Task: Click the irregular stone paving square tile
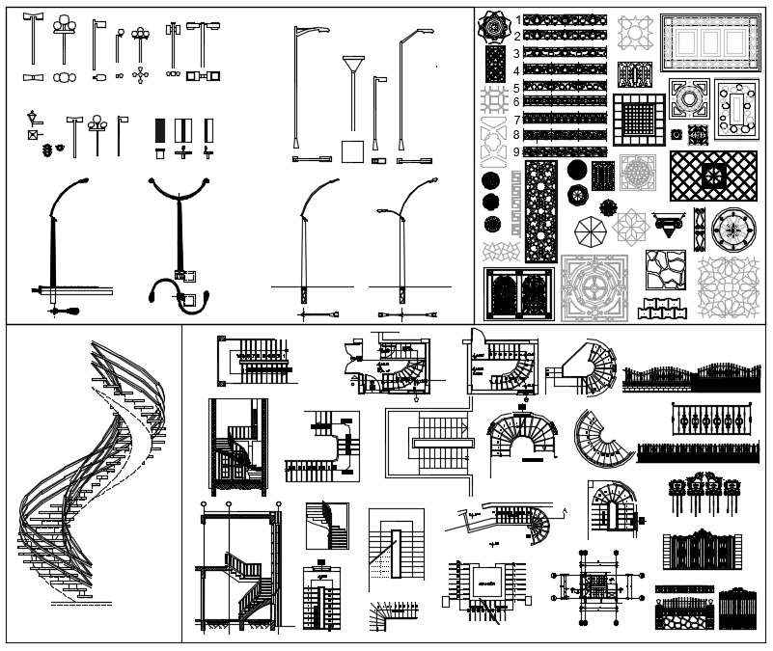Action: (666, 271)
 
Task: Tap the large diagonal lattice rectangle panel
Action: (714, 176)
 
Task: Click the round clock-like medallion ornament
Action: (733, 230)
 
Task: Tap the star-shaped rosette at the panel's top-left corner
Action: (494, 26)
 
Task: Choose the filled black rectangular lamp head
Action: (160, 129)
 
